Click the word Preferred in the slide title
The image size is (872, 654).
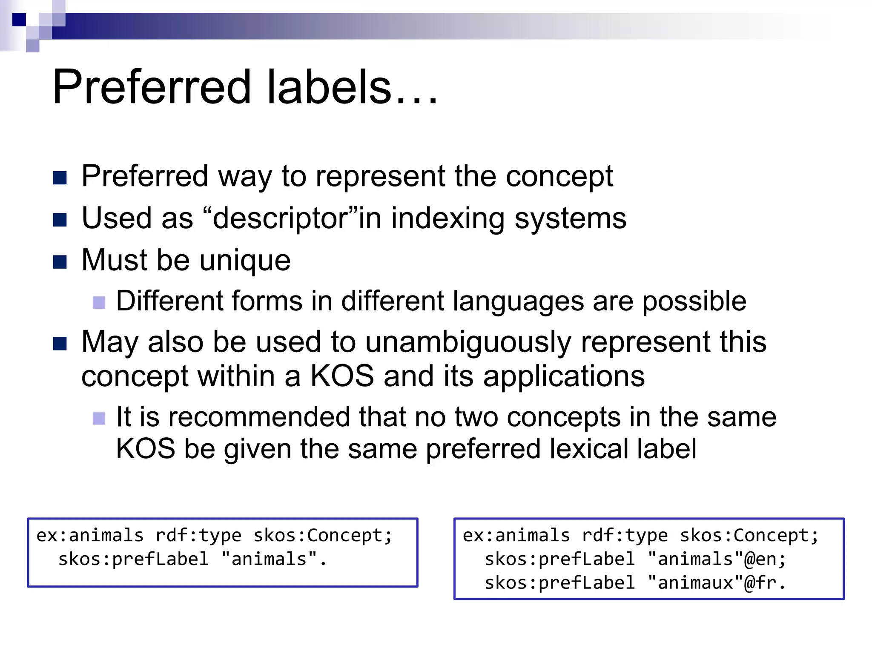pos(152,87)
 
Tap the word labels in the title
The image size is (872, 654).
pos(329,87)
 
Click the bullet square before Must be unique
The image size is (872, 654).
pos(60,262)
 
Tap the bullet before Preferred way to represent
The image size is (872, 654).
pos(60,178)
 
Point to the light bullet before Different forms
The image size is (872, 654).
pos(99,303)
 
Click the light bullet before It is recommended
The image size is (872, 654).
pos(99,419)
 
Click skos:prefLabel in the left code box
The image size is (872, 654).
pos(133,559)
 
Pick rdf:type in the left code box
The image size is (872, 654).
pos(198,535)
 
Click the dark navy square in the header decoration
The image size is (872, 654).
pos(19,20)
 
